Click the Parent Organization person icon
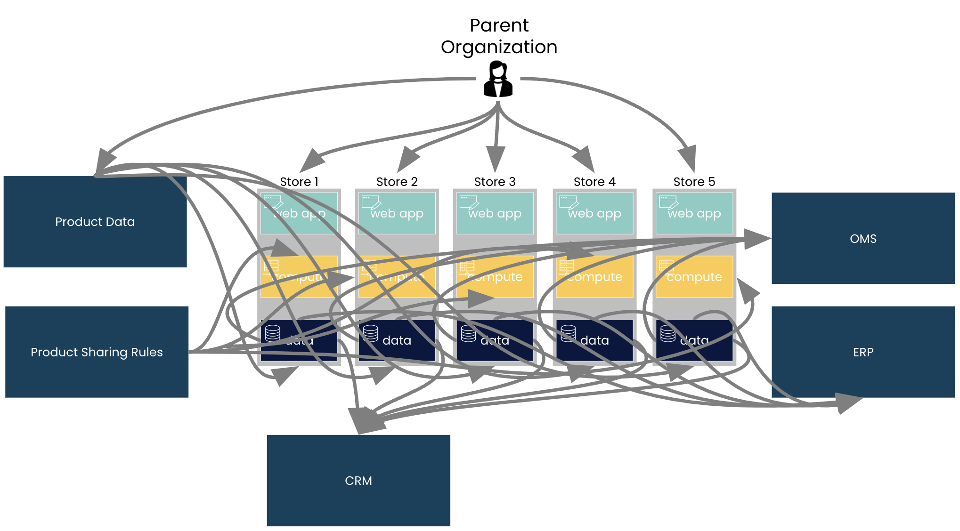[x=498, y=80]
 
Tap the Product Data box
[x=95, y=222]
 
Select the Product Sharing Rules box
[x=97, y=352]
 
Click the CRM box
[x=358, y=480]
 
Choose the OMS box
[x=863, y=238]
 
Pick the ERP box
[x=863, y=352]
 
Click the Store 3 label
[x=495, y=182]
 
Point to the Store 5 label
[x=694, y=182]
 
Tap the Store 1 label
[x=299, y=182]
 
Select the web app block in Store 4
[x=594, y=213]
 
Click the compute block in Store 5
[x=694, y=277]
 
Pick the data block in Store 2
[x=397, y=340]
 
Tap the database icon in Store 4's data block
[x=568, y=333]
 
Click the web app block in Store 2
[x=397, y=213]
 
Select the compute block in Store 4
[x=594, y=277]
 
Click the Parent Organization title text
[x=499, y=36]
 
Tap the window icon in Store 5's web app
[x=668, y=202]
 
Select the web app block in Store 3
[x=495, y=213]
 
